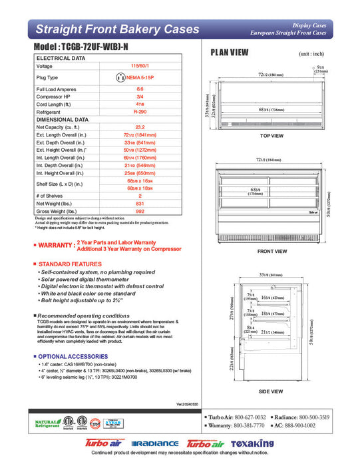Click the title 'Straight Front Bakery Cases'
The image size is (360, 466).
(116, 29)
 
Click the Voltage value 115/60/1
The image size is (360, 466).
(139, 66)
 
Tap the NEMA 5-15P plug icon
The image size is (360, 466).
(121, 77)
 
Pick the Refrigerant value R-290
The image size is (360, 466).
(139, 112)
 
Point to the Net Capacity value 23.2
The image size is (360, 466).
(139, 126)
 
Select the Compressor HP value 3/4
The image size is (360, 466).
(139, 97)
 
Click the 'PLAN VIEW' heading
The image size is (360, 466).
(230, 53)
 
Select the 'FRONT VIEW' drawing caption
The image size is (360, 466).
(271, 252)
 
